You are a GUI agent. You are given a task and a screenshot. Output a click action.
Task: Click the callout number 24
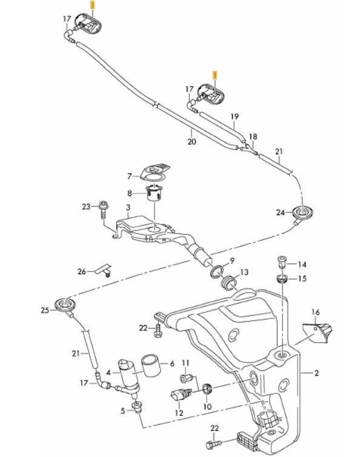tap(279, 212)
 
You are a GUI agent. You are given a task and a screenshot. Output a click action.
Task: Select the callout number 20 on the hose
tap(192, 141)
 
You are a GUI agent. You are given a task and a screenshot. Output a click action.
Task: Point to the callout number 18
tap(253, 137)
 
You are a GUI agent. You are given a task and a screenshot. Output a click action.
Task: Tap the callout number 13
tap(244, 272)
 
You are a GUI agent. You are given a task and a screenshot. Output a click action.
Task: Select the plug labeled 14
tap(281, 262)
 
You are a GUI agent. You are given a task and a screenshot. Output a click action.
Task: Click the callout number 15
tap(303, 278)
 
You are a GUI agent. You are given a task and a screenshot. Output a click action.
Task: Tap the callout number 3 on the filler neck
tap(128, 207)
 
